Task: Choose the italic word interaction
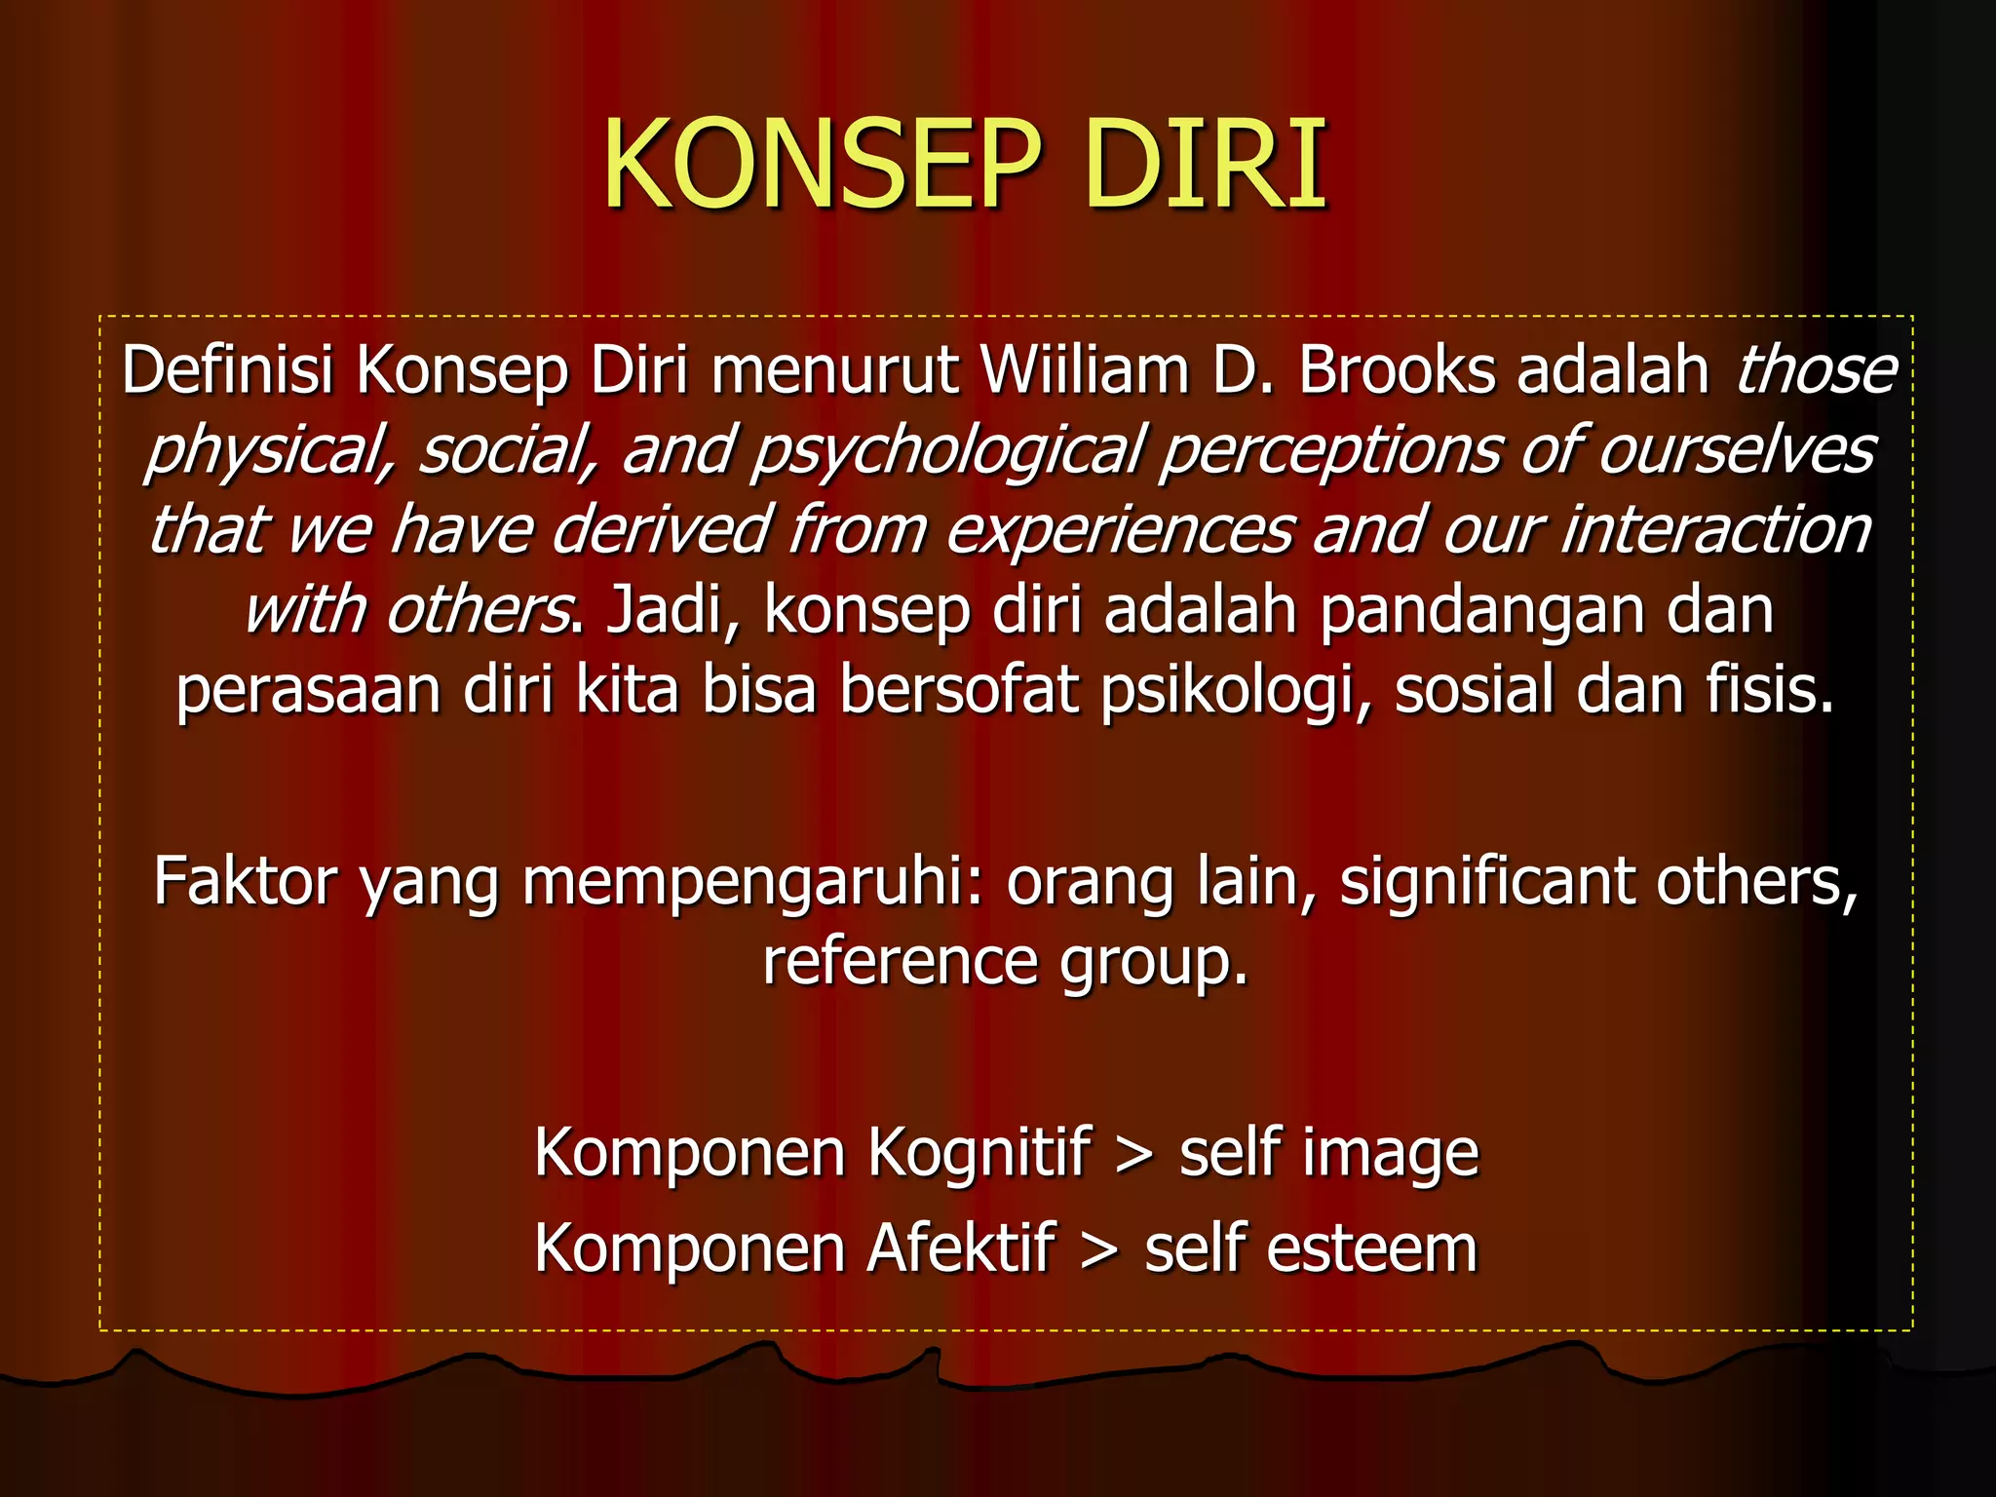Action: pyautogui.click(x=1715, y=530)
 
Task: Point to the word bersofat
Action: pyautogui.click(x=959, y=690)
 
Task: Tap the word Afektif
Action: pyautogui.click(x=961, y=1248)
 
